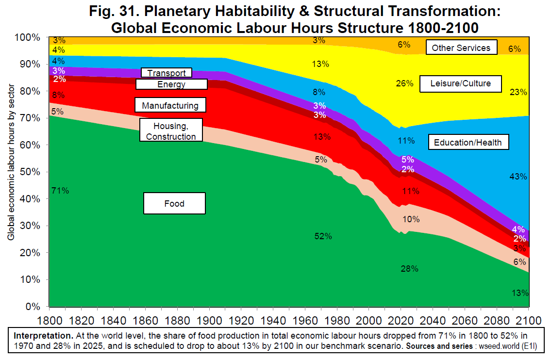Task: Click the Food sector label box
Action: [x=174, y=203]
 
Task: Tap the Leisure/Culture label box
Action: [x=460, y=83]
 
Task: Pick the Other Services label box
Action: [x=461, y=48]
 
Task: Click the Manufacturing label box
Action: [x=170, y=105]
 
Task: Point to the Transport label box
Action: [x=167, y=73]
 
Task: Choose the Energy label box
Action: [x=171, y=84]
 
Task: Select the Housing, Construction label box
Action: [x=170, y=131]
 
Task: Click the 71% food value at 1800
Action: [x=60, y=191]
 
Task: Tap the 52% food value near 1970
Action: [x=323, y=236]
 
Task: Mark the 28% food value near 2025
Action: [x=409, y=269]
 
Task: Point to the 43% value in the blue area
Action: [x=518, y=177]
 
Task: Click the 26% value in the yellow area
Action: [x=404, y=83]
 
